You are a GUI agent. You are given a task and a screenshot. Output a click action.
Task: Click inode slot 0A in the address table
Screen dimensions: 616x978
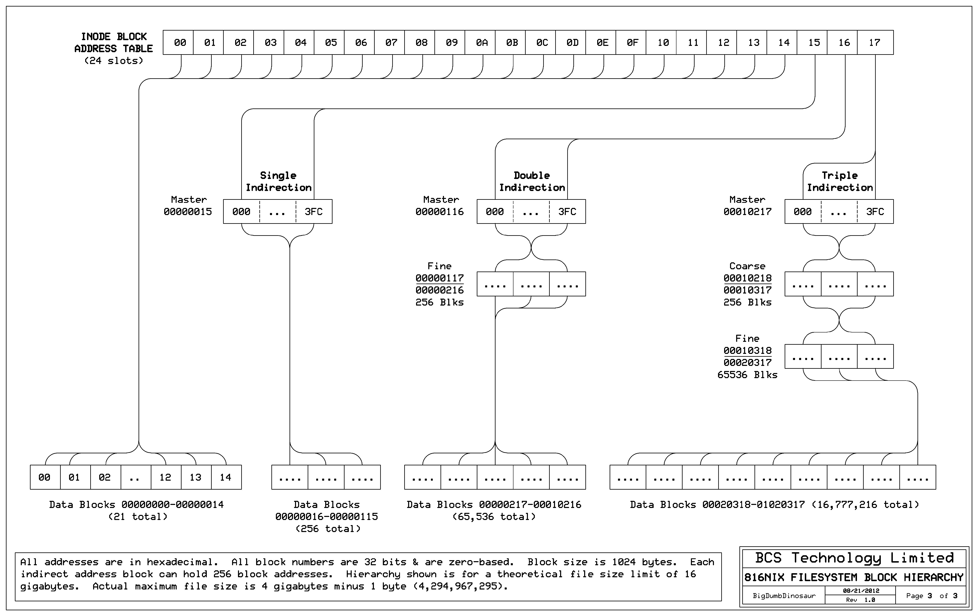pos(482,42)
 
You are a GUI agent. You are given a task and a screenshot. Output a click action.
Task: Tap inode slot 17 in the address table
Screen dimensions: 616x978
pos(874,42)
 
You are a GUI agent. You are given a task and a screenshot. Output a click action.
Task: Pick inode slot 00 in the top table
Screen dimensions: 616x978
pos(180,42)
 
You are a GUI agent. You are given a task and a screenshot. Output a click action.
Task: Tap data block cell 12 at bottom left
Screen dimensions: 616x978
pos(165,477)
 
